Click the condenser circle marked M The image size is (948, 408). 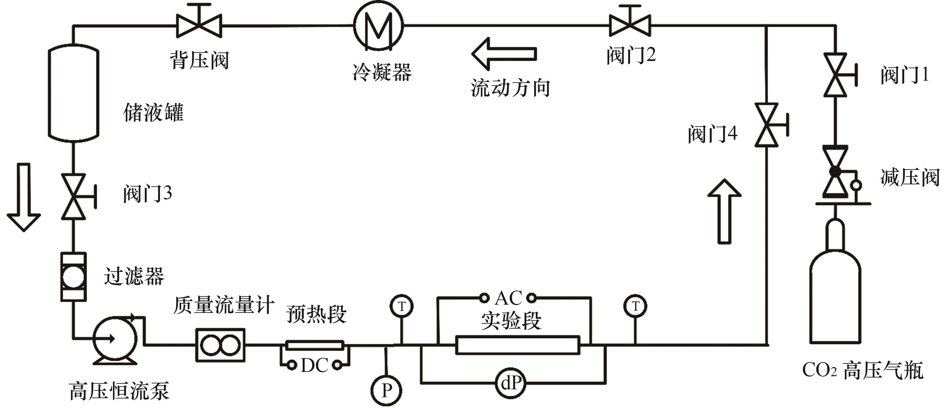[x=378, y=25]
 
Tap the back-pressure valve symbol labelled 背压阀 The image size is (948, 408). [x=199, y=25]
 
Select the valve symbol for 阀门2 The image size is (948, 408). [x=630, y=25]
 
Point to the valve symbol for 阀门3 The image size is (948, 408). [x=73, y=197]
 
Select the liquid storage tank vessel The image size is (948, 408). [x=73, y=93]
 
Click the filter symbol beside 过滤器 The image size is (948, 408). [x=73, y=277]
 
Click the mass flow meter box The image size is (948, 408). [x=220, y=345]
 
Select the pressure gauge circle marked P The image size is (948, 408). [x=386, y=390]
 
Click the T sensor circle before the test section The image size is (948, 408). [x=401, y=306]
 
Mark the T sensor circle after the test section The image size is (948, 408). [x=635, y=306]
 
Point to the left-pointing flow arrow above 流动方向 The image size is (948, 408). [x=504, y=54]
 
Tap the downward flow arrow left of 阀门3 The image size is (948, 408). [x=24, y=197]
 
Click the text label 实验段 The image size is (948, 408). [x=511, y=321]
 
